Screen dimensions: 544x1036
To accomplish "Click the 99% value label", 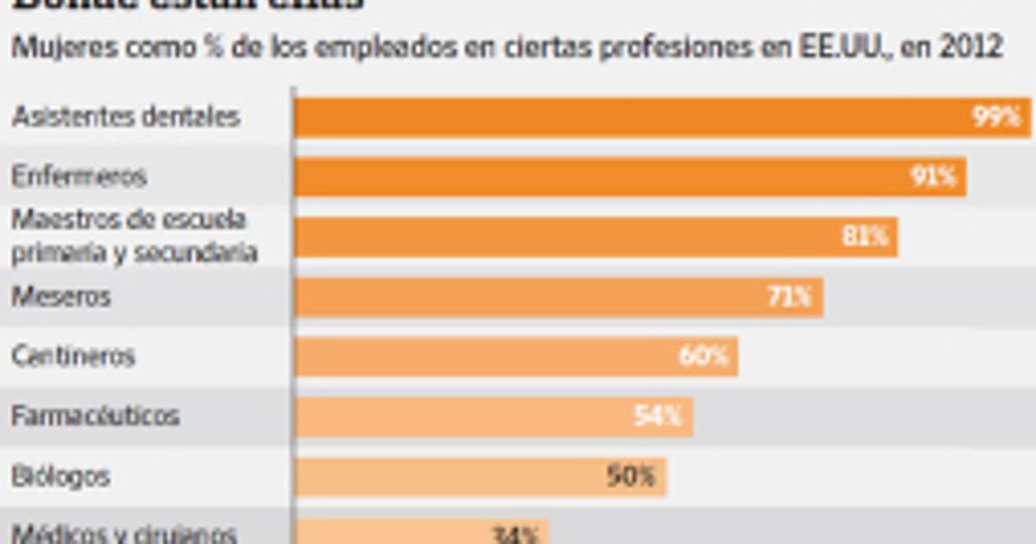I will pyautogui.click(x=997, y=117).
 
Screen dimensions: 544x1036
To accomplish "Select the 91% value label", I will pyautogui.click(x=933, y=177).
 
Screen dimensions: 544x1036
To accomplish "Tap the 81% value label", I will pyautogui.click(x=865, y=237).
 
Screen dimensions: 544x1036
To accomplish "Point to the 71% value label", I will pyautogui.click(x=790, y=297).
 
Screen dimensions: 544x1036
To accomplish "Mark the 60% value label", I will pyautogui.click(x=704, y=357).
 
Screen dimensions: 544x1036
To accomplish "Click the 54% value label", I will pyautogui.click(x=659, y=417).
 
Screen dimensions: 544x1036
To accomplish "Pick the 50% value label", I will pyautogui.click(x=631, y=477).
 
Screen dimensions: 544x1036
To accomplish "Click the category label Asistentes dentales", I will pyautogui.click(x=126, y=117).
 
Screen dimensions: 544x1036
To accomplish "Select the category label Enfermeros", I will pyautogui.click(x=79, y=177).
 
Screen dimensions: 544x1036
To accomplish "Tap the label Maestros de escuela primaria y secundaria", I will pyautogui.click(x=134, y=236).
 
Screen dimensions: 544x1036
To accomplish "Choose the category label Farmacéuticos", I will pyautogui.click(x=96, y=416).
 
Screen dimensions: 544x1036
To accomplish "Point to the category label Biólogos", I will pyautogui.click(x=60, y=477).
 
